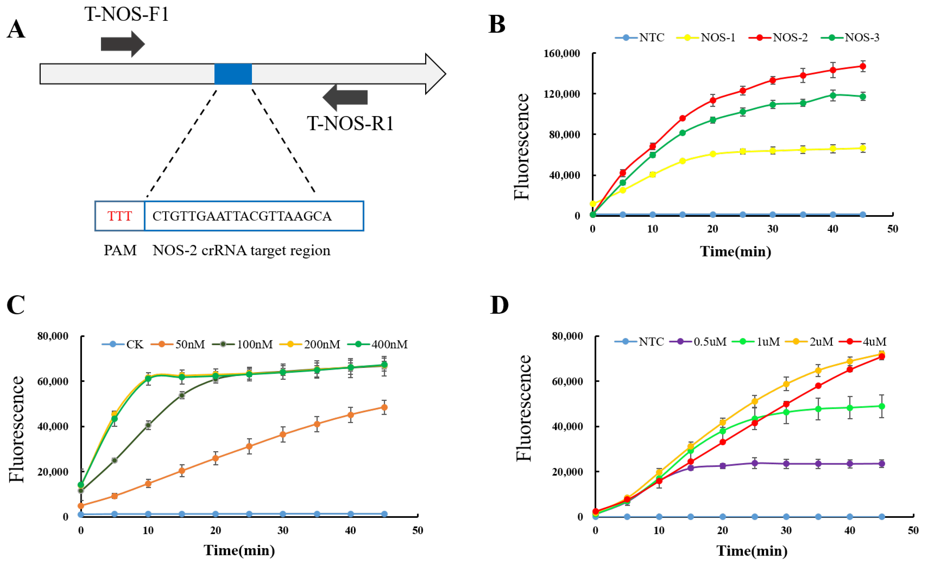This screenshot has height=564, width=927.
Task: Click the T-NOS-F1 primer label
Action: click(127, 14)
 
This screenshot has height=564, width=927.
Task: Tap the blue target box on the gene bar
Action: click(233, 74)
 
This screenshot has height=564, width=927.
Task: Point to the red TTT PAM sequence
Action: click(120, 216)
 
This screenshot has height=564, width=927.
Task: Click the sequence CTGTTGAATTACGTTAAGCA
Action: click(242, 216)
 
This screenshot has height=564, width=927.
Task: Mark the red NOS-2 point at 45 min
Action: click(863, 67)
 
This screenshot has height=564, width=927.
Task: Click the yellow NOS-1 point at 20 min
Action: click(713, 154)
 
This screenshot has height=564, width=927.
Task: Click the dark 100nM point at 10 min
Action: click(148, 425)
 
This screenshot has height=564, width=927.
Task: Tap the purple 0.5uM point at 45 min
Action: click(881, 464)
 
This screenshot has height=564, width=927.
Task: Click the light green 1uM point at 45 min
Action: click(881, 406)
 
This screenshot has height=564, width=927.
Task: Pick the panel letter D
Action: click(499, 305)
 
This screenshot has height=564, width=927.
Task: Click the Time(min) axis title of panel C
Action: click(239, 550)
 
